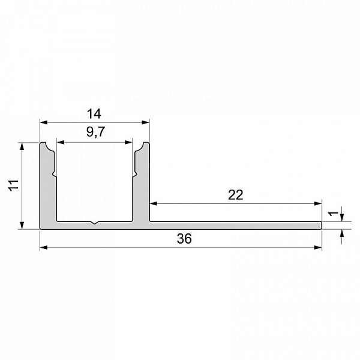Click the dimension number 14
pyautogui.click(x=94, y=114)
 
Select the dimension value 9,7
pyautogui.click(x=96, y=132)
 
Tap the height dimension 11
pyautogui.click(x=14, y=185)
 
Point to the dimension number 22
pyautogui.click(x=236, y=195)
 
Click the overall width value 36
pyautogui.click(x=184, y=239)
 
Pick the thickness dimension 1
pyautogui.click(x=334, y=214)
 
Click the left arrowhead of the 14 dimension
pyautogui.click(x=44, y=122)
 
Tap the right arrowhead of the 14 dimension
pyautogui.click(x=146, y=122)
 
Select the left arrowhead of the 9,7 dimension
pyautogui.click(x=61, y=143)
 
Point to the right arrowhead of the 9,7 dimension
pyautogui.click(x=128, y=143)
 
